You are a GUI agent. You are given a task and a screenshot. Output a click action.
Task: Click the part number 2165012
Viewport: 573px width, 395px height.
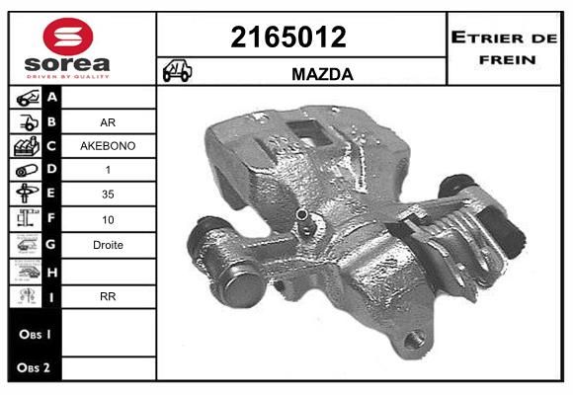click(x=288, y=37)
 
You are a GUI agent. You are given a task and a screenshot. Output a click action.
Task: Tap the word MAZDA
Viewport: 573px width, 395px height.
click(x=322, y=74)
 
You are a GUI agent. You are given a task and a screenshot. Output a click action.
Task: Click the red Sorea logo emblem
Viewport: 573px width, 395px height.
click(x=68, y=37)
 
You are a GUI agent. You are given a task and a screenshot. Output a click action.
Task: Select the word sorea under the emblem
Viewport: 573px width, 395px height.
click(x=67, y=64)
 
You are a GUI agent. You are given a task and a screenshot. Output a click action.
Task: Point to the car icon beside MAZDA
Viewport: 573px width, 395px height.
click(x=177, y=70)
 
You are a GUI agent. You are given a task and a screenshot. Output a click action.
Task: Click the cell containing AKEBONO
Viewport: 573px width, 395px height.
click(x=108, y=146)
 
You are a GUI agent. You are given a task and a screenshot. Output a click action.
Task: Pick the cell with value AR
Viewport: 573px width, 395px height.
click(x=108, y=122)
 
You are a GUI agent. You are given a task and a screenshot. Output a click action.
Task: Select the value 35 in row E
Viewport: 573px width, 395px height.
click(x=108, y=194)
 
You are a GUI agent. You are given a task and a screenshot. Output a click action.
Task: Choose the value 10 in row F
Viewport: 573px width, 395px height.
click(x=108, y=219)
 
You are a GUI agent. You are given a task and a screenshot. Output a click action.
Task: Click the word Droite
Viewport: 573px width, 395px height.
click(x=108, y=245)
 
